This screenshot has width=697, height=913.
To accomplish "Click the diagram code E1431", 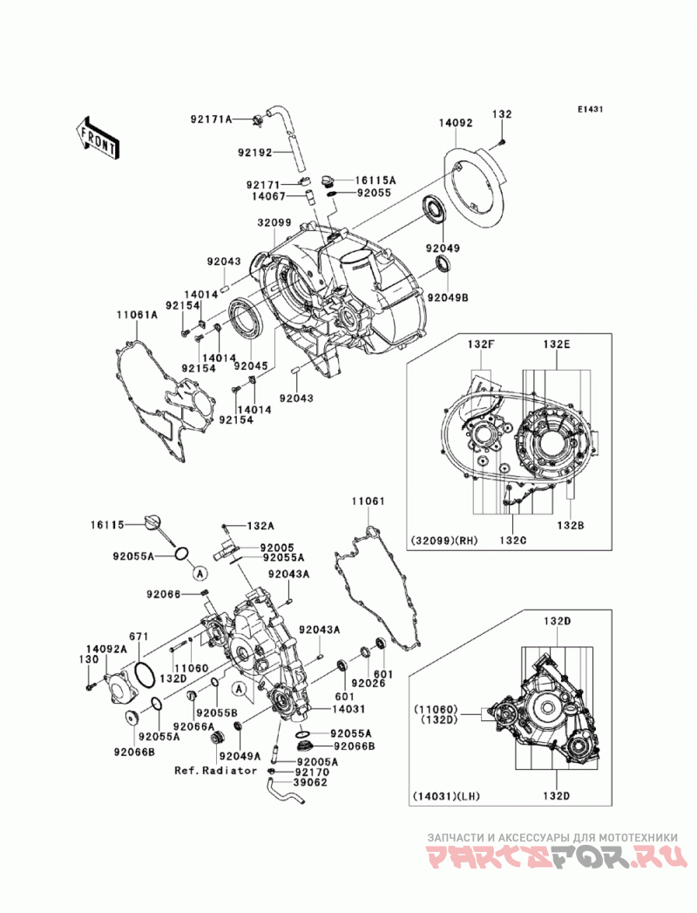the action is [x=589, y=109].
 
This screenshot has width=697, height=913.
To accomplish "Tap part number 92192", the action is [x=254, y=153].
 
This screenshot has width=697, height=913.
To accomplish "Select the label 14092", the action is [x=456, y=123].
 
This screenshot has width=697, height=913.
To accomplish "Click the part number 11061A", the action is [x=137, y=315].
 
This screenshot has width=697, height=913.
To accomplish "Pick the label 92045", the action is [x=251, y=366].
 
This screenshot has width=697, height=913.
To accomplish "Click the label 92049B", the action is [x=448, y=297].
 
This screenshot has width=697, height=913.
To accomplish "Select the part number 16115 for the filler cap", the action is [x=107, y=525].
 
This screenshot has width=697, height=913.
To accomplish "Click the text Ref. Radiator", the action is [x=216, y=770].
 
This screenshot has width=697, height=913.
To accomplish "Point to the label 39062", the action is [x=310, y=782].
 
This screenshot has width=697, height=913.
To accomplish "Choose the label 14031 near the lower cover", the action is [x=348, y=709].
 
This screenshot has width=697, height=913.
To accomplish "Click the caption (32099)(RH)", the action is [x=444, y=541].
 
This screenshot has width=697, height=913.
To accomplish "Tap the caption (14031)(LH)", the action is [x=446, y=796].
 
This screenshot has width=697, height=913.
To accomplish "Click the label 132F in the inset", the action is [x=481, y=344].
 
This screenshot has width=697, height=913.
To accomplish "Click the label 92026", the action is [x=369, y=683].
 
